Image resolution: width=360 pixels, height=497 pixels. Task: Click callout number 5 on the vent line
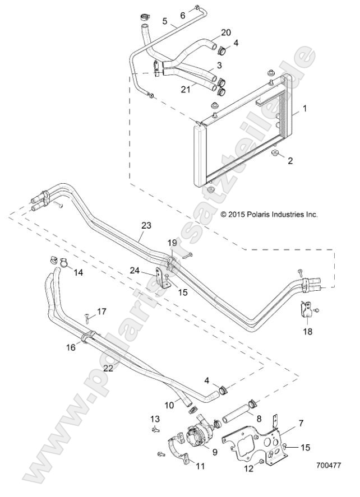(x=165, y=21)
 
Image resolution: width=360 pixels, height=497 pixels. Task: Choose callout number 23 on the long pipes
(x=146, y=225)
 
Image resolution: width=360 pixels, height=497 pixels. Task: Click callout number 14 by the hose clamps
(x=78, y=272)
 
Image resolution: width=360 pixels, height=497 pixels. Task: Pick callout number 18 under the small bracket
(x=307, y=331)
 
